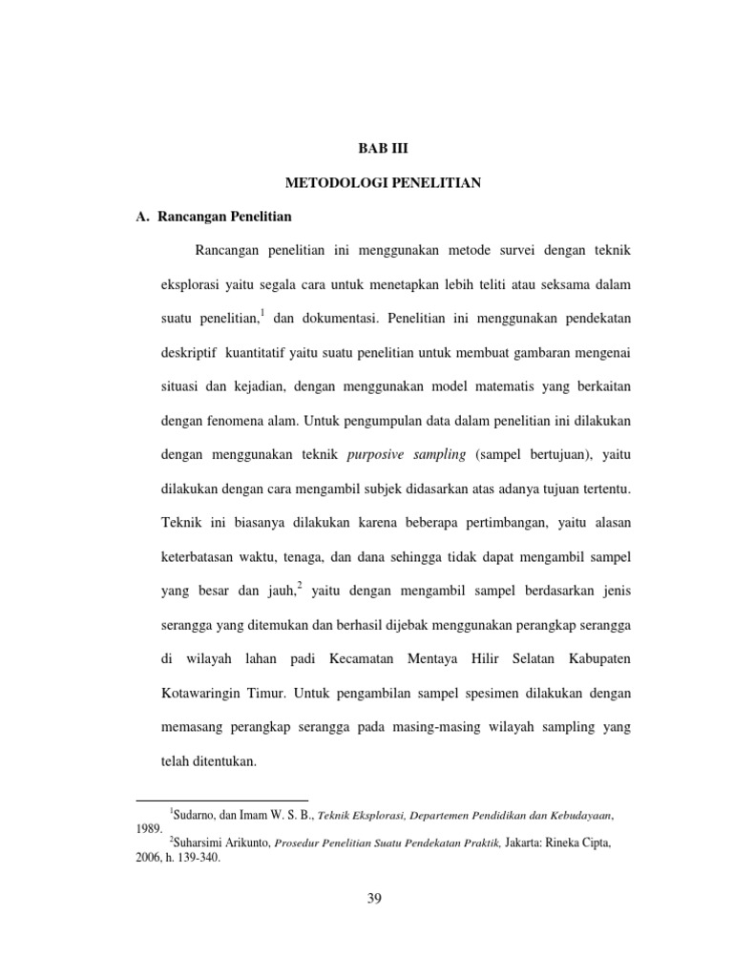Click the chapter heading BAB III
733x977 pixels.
(382, 149)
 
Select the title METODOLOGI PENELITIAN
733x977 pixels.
(382, 182)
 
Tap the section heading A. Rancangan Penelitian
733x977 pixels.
(214, 216)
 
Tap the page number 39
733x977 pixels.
(374, 898)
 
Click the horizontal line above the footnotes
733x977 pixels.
(222, 799)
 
